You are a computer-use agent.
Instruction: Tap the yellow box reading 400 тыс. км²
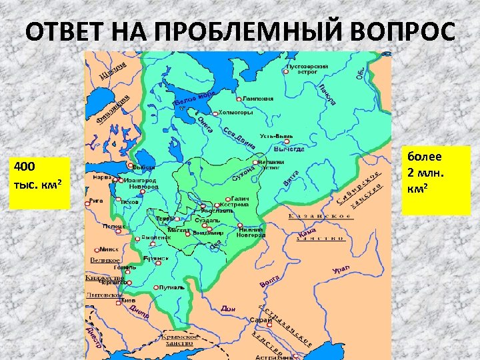[39, 183]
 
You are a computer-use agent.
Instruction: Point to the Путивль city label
[171, 287]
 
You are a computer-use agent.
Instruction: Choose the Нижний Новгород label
[251, 232]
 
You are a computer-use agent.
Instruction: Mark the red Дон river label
[228, 309]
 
